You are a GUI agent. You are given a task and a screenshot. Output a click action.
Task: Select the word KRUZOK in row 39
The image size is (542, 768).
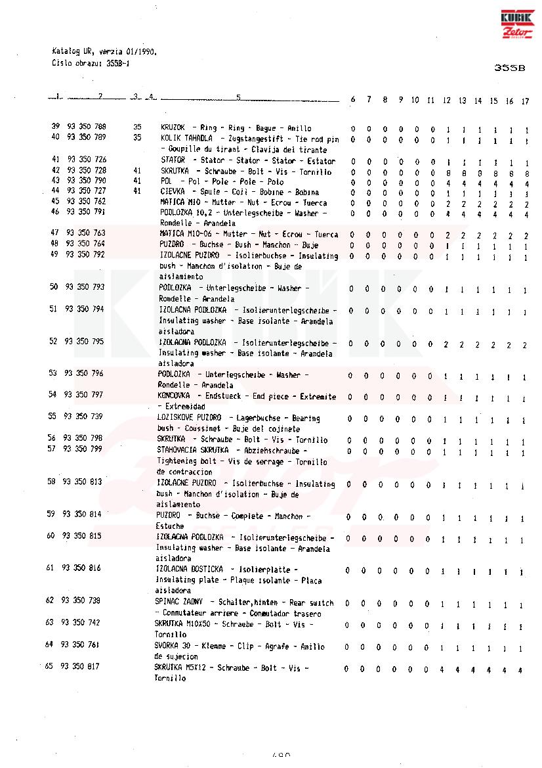click(173, 127)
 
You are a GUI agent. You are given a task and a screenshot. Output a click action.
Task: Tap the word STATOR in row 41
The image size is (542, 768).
click(173, 160)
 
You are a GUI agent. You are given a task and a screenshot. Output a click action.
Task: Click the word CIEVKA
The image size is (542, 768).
click(173, 191)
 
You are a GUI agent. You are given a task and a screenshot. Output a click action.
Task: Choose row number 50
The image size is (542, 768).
click(54, 287)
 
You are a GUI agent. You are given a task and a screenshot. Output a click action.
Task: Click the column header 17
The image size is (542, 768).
click(525, 101)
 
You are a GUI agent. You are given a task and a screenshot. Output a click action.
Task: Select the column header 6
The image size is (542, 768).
click(353, 100)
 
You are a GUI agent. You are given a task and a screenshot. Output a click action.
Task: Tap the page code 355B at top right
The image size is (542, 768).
click(511, 68)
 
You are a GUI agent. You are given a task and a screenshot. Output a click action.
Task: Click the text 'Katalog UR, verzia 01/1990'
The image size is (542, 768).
click(104, 51)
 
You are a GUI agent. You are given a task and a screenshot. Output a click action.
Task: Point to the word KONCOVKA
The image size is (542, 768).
click(174, 396)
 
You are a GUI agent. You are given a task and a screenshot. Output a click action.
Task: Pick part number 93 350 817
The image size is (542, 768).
click(80, 666)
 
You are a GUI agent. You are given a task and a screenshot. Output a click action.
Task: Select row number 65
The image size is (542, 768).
click(49, 666)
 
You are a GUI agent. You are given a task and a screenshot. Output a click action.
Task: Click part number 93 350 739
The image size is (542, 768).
click(83, 417)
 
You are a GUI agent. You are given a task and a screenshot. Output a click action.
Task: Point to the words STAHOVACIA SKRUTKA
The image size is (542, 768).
click(193, 450)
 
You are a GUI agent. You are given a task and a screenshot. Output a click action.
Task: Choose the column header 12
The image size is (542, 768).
click(447, 101)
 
